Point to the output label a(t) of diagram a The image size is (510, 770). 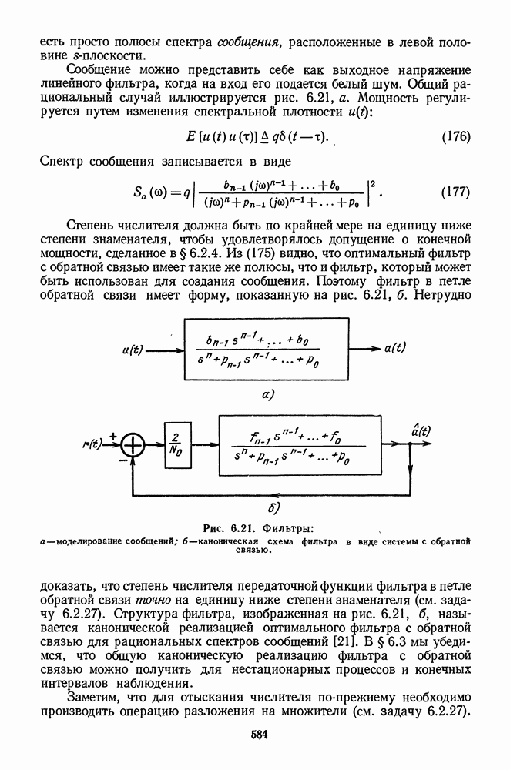tap(396, 348)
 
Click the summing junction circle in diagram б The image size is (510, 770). tap(134, 445)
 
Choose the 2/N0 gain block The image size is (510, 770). tap(177, 445)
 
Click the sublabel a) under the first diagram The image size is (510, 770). tap(268, 395)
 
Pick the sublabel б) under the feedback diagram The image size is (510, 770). tap(273, 507)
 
